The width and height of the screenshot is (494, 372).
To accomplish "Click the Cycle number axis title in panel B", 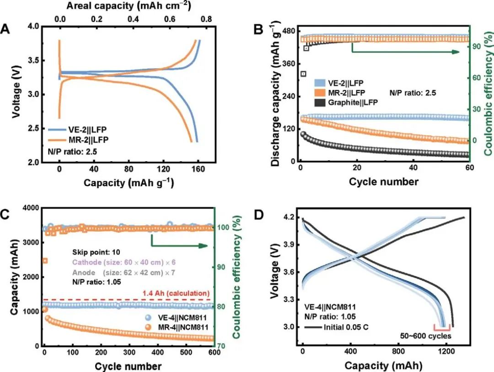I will coord(383,182).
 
